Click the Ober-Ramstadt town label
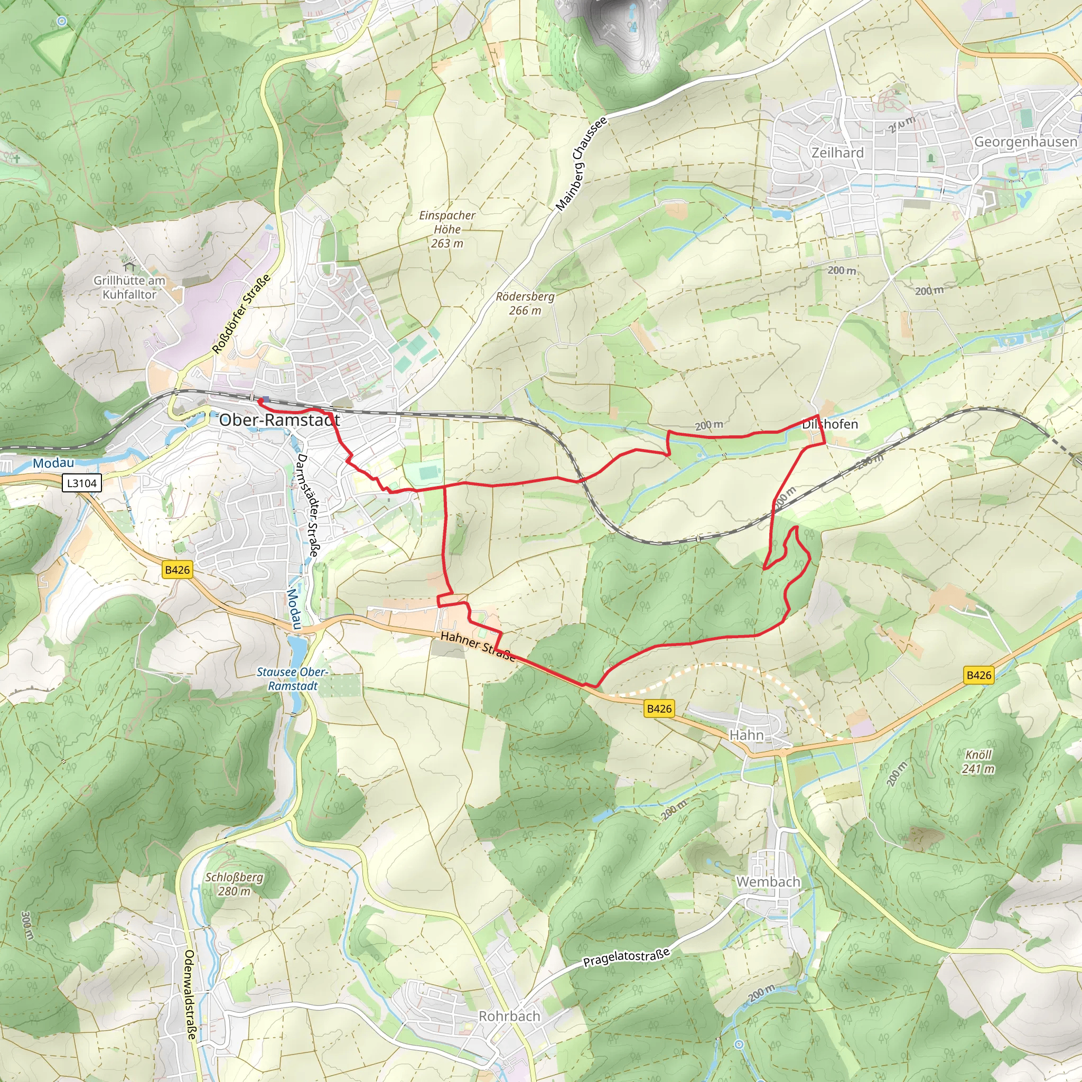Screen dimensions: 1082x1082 click(279, 420)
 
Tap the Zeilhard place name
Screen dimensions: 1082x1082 click(837, 152)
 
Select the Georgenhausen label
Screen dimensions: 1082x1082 click(1025, 142)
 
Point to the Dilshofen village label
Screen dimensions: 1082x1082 click(829, 424)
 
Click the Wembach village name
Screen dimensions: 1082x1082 click(768, 882)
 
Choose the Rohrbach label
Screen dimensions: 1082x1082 click(509, 1016)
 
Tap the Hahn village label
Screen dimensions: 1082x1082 click(746, 735)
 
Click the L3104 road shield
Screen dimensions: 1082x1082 click(82, 483)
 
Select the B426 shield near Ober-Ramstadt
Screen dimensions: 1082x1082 click(177, 570)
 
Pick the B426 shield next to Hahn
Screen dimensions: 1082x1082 click(659, 708)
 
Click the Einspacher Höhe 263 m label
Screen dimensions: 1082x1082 click(447, 229)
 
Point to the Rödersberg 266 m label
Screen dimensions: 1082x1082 click(525, 303)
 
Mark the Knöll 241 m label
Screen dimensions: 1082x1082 click(978, 761)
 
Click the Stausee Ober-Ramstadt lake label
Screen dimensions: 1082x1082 click(292, 679)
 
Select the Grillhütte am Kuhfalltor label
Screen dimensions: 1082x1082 click(129, 287)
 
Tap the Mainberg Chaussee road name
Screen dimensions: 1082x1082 click(581, 165)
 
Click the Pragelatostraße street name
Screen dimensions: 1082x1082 click(626, 958)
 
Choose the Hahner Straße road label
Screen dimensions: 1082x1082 click(477, 646)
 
